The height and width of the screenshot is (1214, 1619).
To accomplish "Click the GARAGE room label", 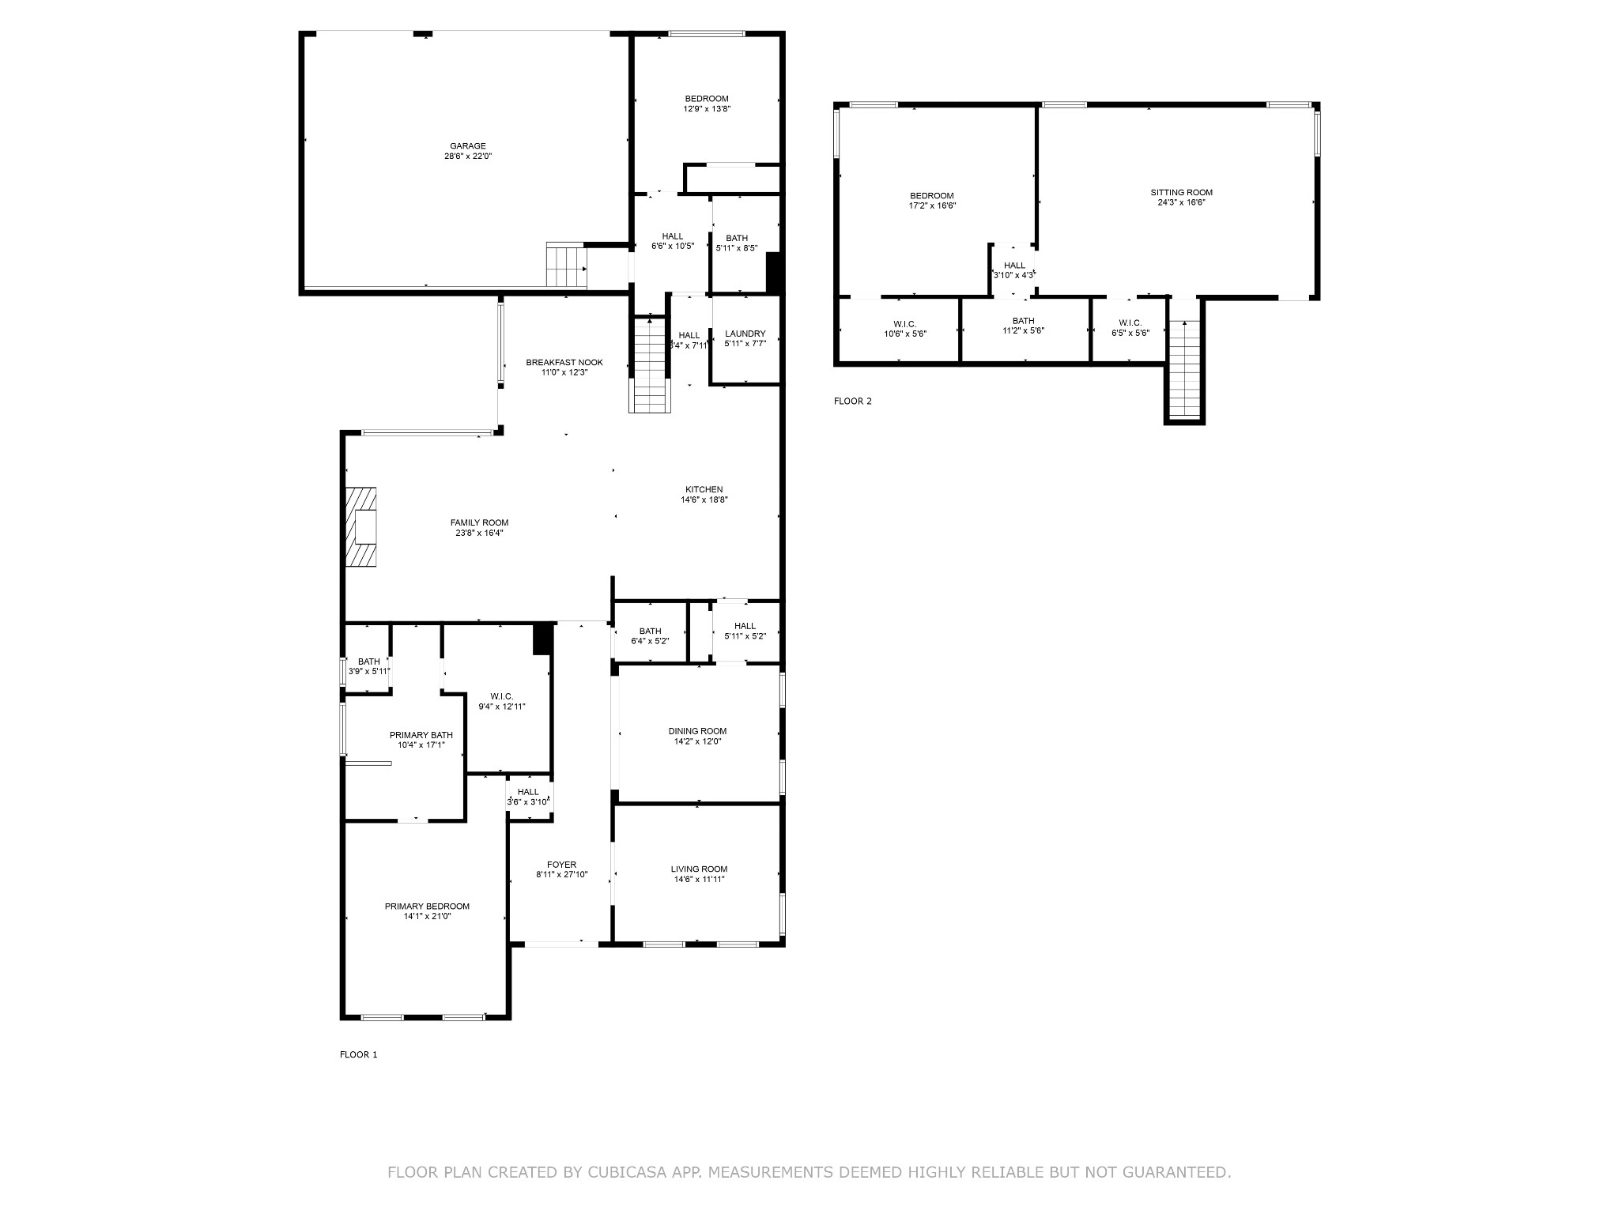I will point(468,146).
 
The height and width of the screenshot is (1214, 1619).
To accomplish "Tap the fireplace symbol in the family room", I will point(361,527).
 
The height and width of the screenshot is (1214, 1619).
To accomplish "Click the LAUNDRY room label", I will point(745,334).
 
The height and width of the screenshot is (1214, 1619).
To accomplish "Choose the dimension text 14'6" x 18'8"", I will point(704,500).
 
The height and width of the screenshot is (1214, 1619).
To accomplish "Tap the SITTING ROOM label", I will point(1181,192).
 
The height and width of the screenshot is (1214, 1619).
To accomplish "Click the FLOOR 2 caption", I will point(852,401).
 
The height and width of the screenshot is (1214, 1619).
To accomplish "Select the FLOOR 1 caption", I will point(358,1054).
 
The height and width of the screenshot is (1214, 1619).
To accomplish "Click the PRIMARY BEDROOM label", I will point(427,907).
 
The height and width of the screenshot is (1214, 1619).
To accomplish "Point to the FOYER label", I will point(561,865).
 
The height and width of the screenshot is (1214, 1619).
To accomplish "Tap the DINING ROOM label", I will point(697,731).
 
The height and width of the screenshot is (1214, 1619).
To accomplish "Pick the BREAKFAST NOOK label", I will point(564,363).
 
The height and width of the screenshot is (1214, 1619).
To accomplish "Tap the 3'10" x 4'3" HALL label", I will point(1014,270).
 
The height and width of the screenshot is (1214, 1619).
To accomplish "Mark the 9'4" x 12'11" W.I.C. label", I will point(501,701).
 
